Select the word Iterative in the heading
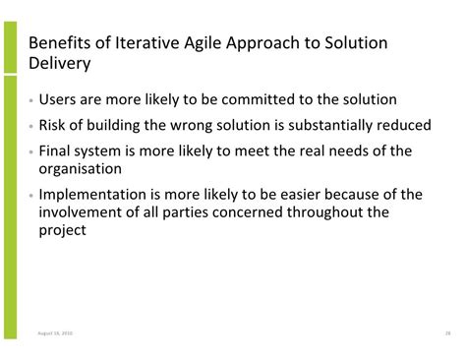coord(148,45)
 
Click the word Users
coord(62,100)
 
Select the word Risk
coord(55,126)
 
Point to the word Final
coord(58,151)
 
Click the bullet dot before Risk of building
coord(30,127)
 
